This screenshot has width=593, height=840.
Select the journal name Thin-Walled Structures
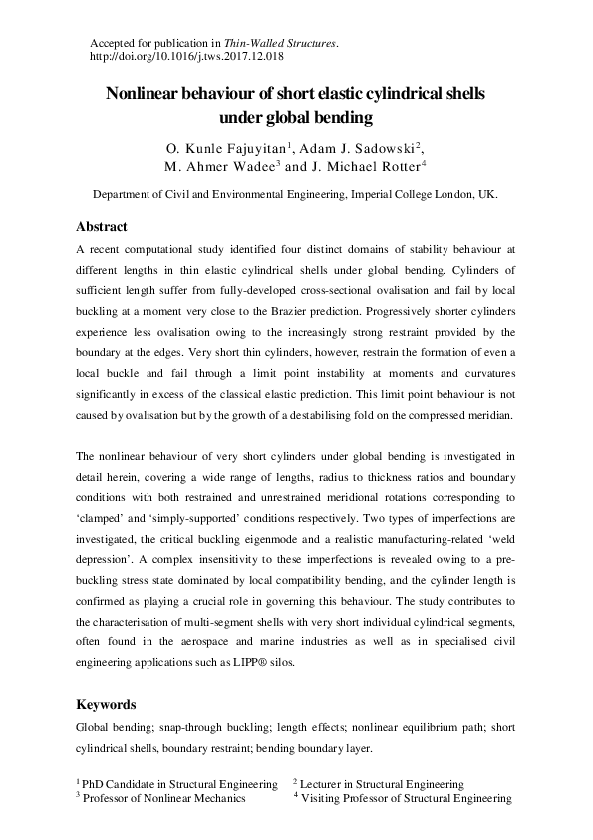(x=287, y=45)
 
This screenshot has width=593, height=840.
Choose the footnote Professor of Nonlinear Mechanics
(x=164, y=798)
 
